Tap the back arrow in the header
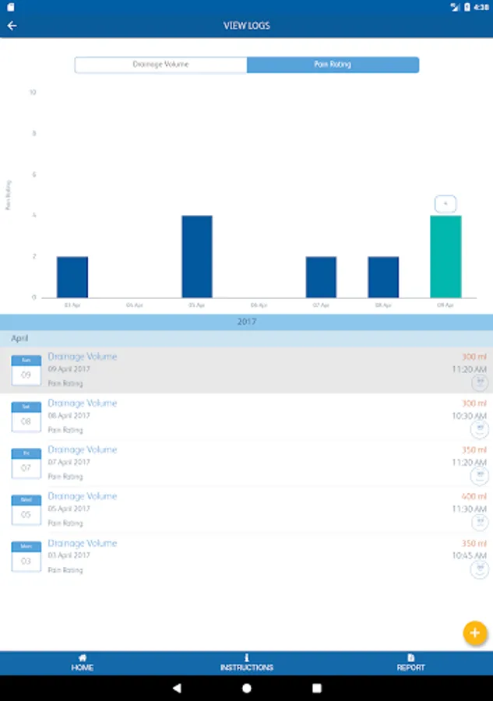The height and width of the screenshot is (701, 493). click(12, 26)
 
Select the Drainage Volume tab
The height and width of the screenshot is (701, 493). click(160, 65)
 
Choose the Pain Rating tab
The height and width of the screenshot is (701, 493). click(333, 65)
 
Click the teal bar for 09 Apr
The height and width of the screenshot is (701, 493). click(445, 256)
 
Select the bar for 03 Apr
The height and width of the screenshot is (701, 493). click(72, 277)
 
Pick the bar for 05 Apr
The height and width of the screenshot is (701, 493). click(197, 256)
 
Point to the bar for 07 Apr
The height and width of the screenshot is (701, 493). click(321, 277)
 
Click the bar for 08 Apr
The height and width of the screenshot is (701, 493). click(383, 277)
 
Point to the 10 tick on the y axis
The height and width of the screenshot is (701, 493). click(33, 93)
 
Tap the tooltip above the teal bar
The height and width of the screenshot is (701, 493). click(445, 204)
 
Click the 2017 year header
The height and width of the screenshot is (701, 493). click(246, 322)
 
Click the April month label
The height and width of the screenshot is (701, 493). click(19, 339)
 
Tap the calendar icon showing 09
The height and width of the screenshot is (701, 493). click(26, 371)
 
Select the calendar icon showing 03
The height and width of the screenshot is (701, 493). click(26, 558)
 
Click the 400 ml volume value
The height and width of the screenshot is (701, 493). click(474, 496)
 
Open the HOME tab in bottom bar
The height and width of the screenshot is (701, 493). click(83, 663)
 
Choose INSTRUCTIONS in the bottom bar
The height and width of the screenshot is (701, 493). click(247, 663)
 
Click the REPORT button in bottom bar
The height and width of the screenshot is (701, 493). click(411, 663)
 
